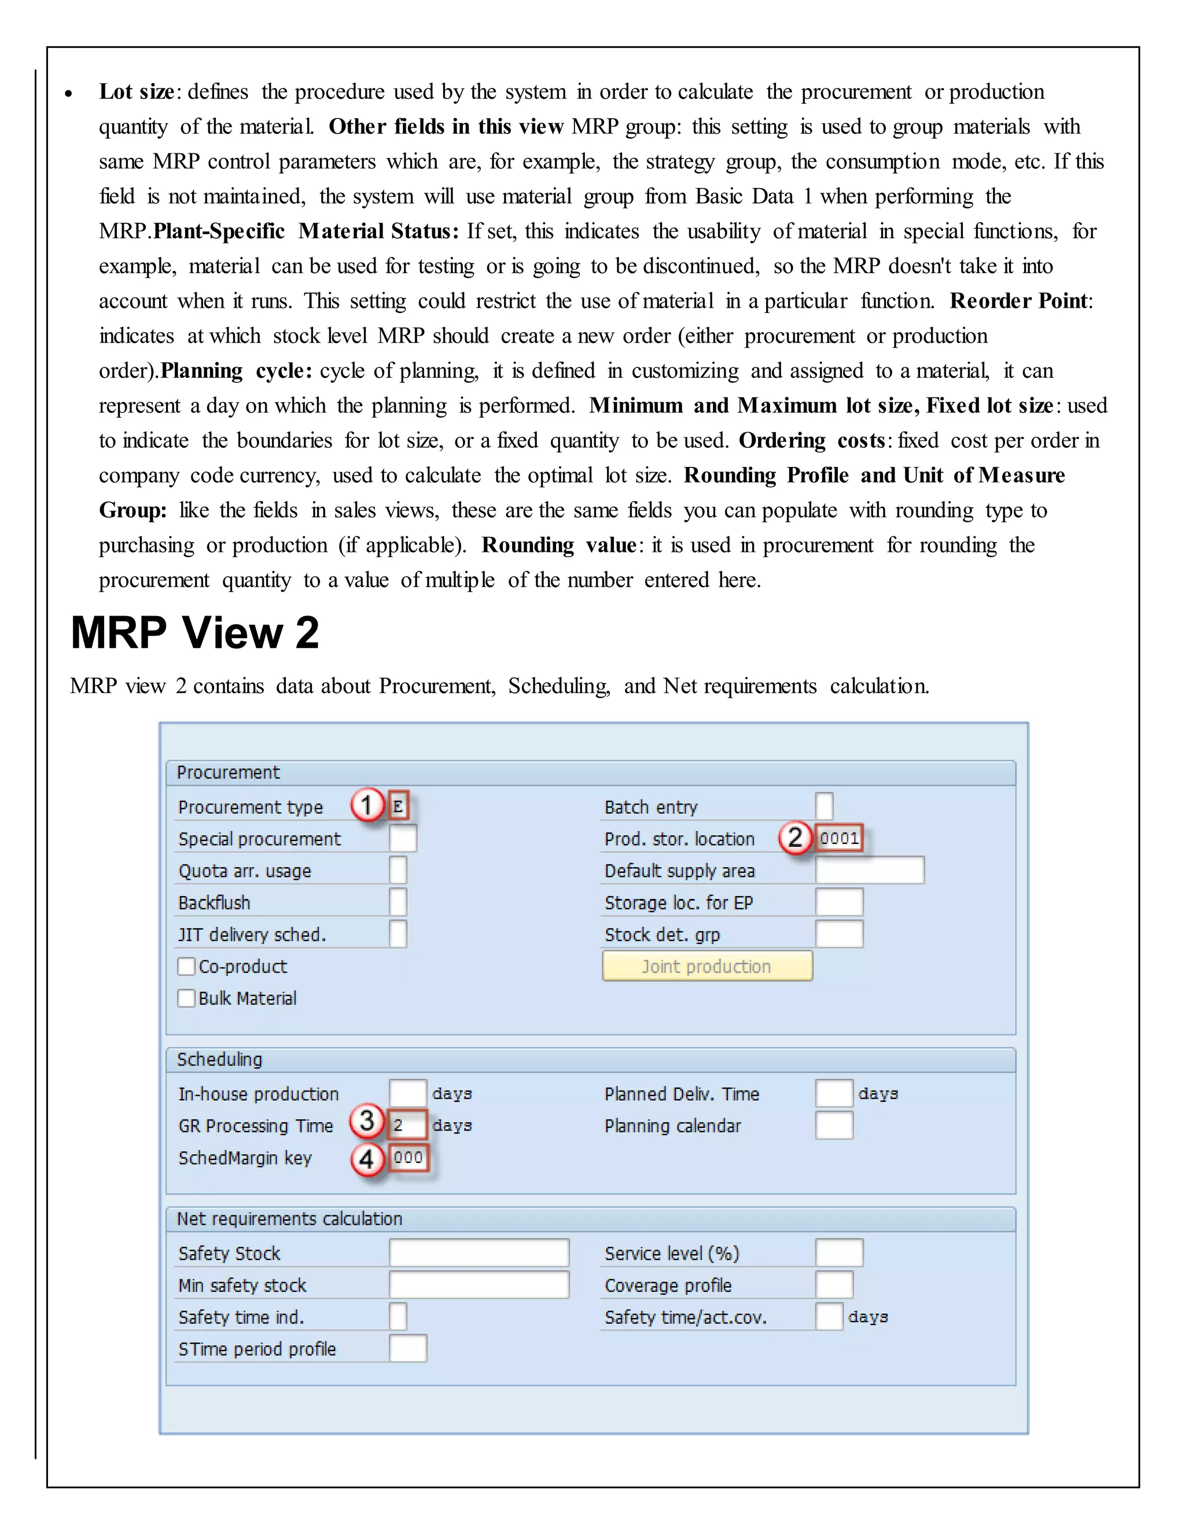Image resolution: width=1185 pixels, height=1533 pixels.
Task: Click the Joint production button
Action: point(707,966)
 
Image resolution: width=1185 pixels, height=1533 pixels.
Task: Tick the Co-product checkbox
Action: point(186,967)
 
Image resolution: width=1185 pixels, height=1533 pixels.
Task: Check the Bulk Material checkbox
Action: point(186,998)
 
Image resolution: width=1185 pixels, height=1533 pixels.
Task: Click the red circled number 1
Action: point(366,805)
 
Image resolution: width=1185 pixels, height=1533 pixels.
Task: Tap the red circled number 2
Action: point(794,838)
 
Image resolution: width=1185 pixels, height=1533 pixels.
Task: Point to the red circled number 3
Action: point(366,1121)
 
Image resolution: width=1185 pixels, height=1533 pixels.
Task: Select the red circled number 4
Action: point(366,1159)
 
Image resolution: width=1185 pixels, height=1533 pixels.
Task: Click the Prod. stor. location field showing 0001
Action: point(839,838)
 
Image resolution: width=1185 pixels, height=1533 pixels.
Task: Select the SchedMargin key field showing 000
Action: point(408,1158)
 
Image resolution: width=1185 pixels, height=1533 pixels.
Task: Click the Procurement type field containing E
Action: point(398,806)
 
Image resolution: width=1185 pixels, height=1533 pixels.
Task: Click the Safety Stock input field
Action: point(479,1253)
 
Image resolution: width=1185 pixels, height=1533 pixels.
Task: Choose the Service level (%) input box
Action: point(839,1253)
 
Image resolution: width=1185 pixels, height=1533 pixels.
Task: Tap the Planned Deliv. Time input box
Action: point(834,1093)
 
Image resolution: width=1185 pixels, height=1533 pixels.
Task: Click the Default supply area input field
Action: point(869,871)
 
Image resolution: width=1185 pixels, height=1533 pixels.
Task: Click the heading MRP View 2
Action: point(195,632)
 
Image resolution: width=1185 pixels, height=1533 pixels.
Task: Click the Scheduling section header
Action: point(220,1059)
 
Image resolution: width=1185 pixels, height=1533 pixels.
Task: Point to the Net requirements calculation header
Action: point(289,1218)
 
